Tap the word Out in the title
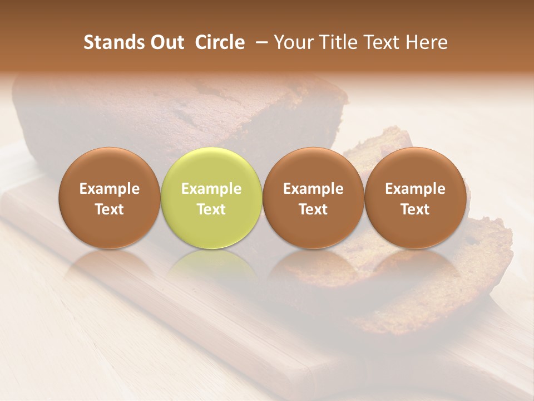pyautogui.click(x=165, y=42)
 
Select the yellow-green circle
pyautogui.click(x=211, y=198)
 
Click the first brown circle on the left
pyautogui.click(x=110, y=198)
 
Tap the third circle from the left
pyautogui.click(x=313, y=198)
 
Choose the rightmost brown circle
pyautogui.click(x=415, y=198)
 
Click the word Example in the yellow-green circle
pyautogui.click(x=211, y=189)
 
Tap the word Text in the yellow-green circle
pyautogui.click(x=211, y=209)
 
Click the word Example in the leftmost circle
pyautogui.click(x=110, y=189)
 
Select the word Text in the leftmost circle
pyautogui.click(x=110, y=209)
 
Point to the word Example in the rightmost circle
pyautogui.click(x=415, y=189)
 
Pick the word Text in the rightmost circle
pyautogui.click(x=415, y=209)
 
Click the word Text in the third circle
pyautogui.click(x=313, y=209)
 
